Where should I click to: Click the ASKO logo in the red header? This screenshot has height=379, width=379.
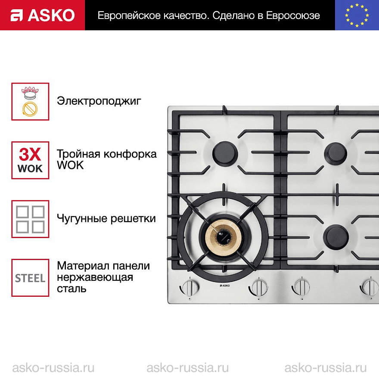(43, 15)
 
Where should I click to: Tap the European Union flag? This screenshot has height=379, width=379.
(357, 15)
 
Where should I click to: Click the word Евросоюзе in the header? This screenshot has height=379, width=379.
(293, 16)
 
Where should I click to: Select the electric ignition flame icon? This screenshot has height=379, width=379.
(30, 102)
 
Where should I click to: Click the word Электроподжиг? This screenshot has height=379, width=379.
(99, 101)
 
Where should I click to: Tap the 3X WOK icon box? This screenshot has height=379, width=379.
(30, 160)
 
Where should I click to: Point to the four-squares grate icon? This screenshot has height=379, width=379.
(30, 219)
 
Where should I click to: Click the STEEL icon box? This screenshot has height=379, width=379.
(30, 278)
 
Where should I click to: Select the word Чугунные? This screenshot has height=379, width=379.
(82, 218)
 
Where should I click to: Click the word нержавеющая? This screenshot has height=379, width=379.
(95, 277)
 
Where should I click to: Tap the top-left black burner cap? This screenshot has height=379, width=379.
(225, 153)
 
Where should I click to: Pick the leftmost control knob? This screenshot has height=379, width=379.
(190, 288)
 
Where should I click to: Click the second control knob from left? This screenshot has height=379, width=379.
(258, 288)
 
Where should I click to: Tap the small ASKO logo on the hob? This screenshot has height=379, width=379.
(225, 286)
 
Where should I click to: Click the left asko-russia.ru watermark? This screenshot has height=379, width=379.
(53, 368)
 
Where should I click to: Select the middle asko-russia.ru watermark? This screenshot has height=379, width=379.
(188, 368)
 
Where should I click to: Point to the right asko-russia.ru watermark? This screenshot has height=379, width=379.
(326, 368)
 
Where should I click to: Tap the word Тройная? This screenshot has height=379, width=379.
(78, 154)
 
